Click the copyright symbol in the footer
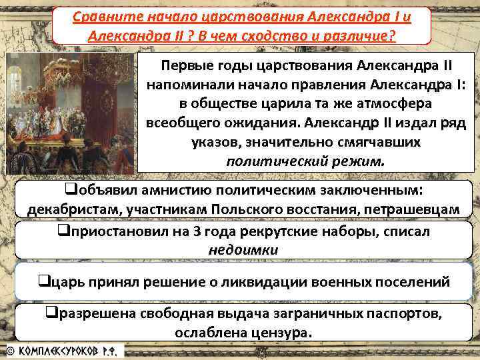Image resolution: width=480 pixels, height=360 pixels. [x=10, y=349]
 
